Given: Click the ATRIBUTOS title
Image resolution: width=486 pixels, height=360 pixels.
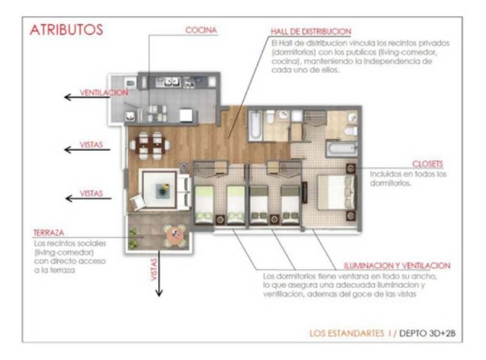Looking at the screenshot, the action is click(66, 30).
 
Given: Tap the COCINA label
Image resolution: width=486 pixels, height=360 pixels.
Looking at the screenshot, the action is click(201, 30).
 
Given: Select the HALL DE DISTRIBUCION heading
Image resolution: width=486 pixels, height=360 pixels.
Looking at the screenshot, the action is click(311, 32).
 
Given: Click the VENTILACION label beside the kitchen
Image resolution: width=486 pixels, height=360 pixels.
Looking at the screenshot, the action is click(104, 92).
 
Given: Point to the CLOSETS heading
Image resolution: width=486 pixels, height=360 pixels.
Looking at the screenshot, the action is click(428, 164).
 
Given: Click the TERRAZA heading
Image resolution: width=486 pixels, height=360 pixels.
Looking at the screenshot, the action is click(49, 232).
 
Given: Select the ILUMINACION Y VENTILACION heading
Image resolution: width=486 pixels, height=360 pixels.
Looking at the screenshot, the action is click(397, 266).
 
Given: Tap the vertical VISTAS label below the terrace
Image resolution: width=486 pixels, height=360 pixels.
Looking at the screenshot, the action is click(154, 269).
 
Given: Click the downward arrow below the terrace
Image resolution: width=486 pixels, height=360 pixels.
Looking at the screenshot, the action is click(159, 273).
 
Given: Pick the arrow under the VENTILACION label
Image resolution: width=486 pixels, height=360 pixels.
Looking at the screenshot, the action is click(87, 97).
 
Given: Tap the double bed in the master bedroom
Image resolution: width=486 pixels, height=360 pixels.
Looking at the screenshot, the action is click(337, 192).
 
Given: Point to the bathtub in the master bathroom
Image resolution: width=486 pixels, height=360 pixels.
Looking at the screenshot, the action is click(341, 148).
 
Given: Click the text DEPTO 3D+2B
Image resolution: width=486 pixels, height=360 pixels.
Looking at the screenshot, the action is click(428, 333).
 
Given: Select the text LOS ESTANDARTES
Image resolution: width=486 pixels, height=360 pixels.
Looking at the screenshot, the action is click(347, 333).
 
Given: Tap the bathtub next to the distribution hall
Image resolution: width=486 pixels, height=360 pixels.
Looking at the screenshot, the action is click(256, 125).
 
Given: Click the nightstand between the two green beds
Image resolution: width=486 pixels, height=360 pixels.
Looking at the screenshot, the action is click(221, 220).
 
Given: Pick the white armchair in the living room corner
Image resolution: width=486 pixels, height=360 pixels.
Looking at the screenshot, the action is click(138, 202).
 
